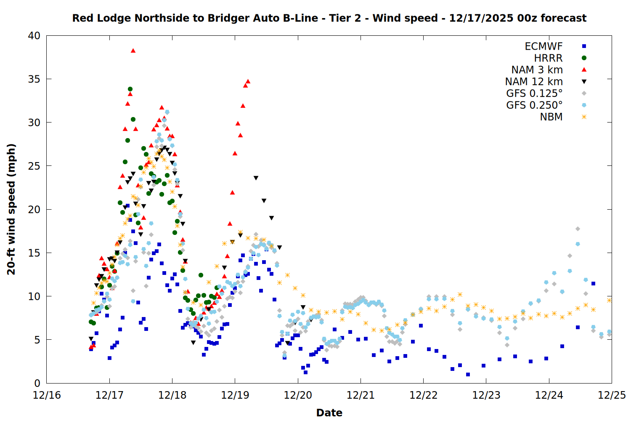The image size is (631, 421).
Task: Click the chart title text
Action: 329,19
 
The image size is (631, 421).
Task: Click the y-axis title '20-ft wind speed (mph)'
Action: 11,209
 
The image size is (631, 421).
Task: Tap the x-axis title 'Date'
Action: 329,413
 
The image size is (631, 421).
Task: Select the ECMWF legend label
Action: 544,46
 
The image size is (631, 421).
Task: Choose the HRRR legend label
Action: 548,58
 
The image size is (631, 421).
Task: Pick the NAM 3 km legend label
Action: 537,70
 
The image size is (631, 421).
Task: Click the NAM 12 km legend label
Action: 534,82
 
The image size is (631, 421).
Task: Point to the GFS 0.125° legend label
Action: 534,93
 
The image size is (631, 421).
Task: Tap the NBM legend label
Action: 551,117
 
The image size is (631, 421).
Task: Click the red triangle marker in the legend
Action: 584,69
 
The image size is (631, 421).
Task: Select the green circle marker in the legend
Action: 584,58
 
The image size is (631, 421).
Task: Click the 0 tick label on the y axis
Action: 37,383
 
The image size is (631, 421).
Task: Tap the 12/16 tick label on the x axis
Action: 47,396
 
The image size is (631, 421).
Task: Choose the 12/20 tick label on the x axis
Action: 298,396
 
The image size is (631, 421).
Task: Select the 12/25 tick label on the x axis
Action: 612,396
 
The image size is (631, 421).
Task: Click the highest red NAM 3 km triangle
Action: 133,51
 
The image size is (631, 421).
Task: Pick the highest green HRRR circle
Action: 130,89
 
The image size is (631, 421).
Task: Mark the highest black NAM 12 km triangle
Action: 164,149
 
